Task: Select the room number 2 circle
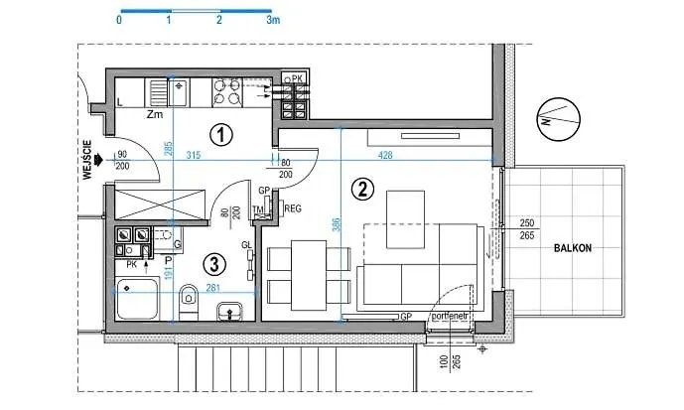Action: pos(363,187)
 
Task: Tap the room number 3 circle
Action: pos(210,263)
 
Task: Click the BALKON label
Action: pos(574,247)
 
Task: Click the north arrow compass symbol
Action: pos(552,121)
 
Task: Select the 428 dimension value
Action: pos(385,155)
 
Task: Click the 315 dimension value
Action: pos(193,155)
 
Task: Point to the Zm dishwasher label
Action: pos(154,115)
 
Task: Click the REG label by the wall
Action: pos(293,207)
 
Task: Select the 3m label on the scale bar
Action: pos(273,19)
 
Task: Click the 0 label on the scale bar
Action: pos(119,19)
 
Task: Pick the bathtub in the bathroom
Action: pos(141,299)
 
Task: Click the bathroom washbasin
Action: pos(229,310)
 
